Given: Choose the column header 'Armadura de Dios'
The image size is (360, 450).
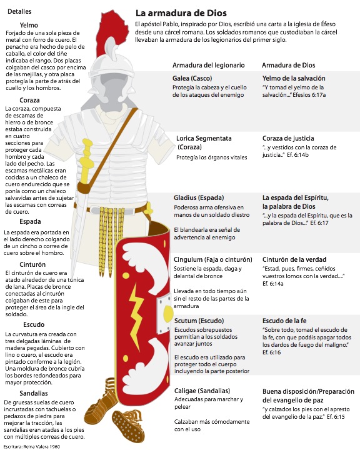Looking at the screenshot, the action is (289, 66).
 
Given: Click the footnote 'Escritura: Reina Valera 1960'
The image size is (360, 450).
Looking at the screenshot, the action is (33, 446).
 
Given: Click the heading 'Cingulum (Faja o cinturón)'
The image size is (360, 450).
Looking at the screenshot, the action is (213, 259).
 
